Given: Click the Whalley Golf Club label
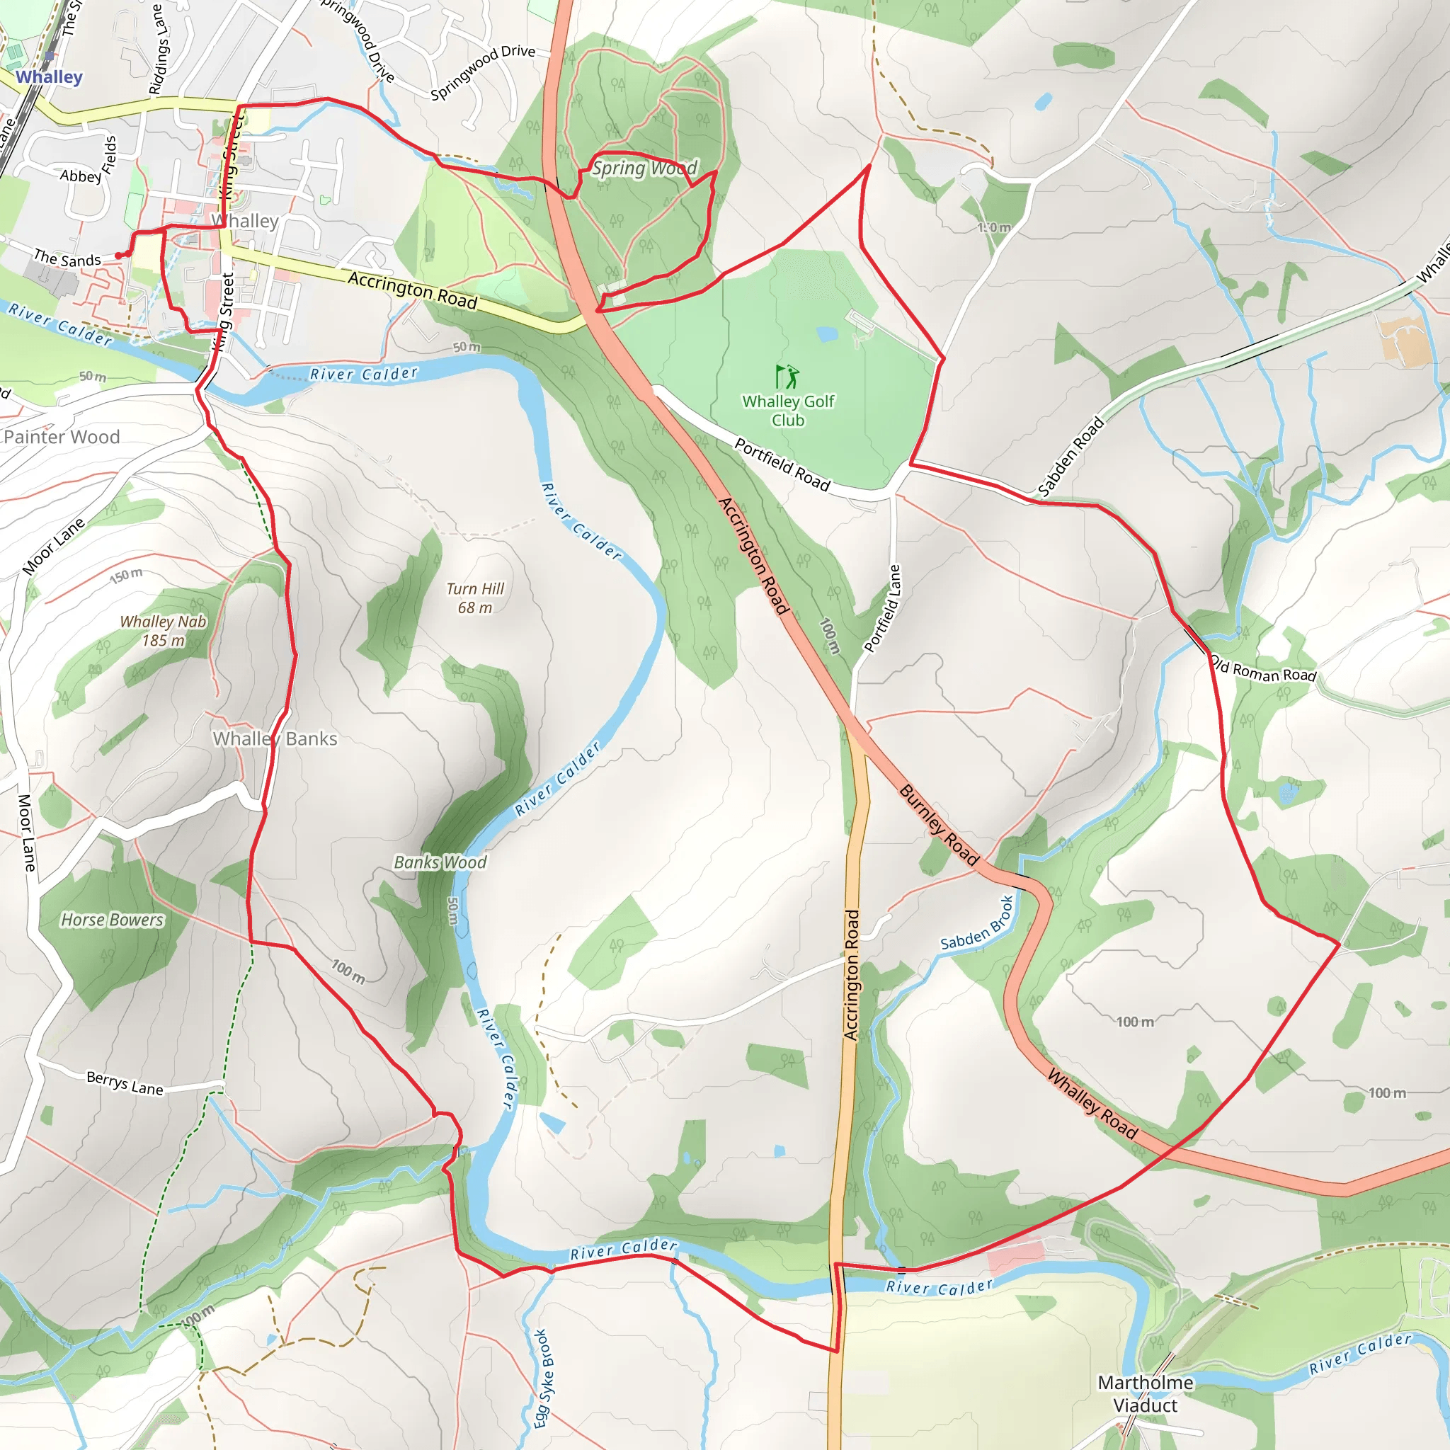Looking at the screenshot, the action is click(788, 411).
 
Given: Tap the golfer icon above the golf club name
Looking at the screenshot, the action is click(787, 376).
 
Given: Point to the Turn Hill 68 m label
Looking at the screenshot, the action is click(475, 598).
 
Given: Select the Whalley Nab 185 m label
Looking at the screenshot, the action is click(163, 630).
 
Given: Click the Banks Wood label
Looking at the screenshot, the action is click(440, 862).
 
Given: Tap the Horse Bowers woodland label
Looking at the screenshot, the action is click(112, 920).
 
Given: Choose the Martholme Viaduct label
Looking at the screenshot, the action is click(1146, 1393).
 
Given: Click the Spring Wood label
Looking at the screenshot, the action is click(645, 168).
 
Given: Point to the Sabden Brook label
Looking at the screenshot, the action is click(977, 924).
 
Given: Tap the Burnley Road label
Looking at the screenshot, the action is click(940, 825).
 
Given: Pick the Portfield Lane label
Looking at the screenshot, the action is click(883, 609).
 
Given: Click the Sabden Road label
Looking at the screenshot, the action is click(1071, 457).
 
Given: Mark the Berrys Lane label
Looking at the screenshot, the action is click(125, 1083).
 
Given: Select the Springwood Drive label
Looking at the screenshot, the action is click(483, 72).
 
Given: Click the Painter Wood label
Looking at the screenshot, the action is click(62, 437).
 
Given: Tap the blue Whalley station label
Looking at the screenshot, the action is click(50, 76).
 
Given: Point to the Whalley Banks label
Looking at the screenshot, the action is click(275, 738).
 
